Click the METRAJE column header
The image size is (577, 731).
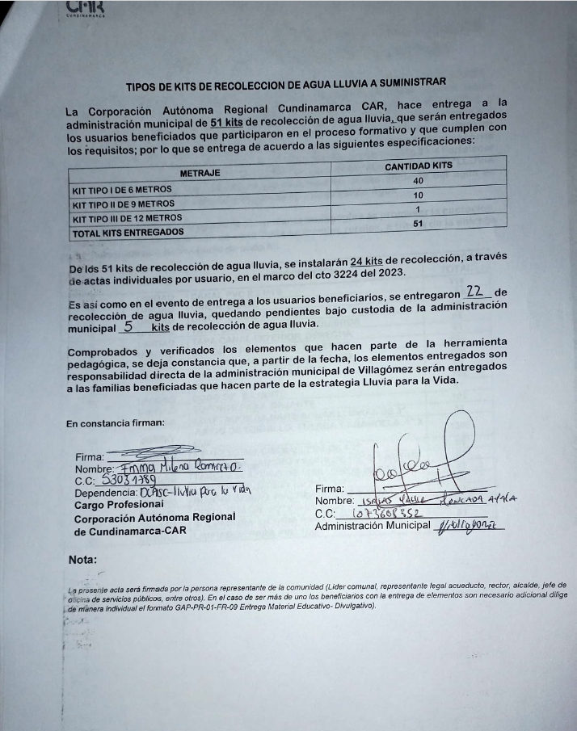tap(200, 172)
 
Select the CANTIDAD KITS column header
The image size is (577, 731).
tap(419, 166)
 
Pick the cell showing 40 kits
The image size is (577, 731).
tap(418, 181)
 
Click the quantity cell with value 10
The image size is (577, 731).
tap(418, 195)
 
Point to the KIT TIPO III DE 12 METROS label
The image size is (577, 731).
tap(127, 217)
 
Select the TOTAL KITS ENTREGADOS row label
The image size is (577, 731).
tap(128, 232)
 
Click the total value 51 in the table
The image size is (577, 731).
tap(418, 224)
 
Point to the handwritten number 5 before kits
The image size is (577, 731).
tap(128, 327)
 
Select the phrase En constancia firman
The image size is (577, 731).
tap(116, 422)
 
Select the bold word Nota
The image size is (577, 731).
tap(83, 559)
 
